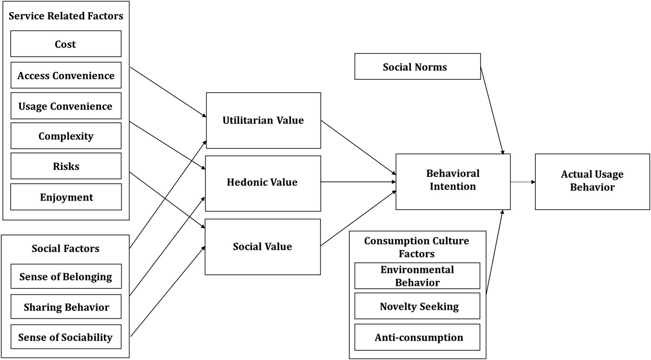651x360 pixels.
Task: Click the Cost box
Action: [x=66, y=44]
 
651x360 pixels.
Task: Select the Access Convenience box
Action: [x=66, y=75]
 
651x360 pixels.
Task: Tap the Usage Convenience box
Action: [x=66, y=106]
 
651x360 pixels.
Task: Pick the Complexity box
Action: [x=66, y=136]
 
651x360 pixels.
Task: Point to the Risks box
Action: [x=66, y=166]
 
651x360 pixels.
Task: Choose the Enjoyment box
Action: [x=66, y=197]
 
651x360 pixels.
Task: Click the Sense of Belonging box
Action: [x=66, y=277]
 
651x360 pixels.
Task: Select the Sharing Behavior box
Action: [x=66, y=307]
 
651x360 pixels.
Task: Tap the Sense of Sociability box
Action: [x=66, y=337]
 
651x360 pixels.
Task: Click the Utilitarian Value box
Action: [x=263, y=120]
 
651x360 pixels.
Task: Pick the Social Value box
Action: [x=262, y=247]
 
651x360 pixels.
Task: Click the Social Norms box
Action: [x=417, y=67]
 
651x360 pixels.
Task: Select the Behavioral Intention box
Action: [x=453, y=182]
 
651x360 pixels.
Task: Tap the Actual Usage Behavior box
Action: [x=592, y=182]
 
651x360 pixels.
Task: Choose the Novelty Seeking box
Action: [x=417, y=306]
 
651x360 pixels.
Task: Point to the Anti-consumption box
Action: [x=417, y=337]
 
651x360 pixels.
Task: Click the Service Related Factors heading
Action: [x=66, y=16]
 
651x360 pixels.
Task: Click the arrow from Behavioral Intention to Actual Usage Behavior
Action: [x=523, y=182]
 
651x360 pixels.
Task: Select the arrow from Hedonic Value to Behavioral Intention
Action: [x=358, y=182]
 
